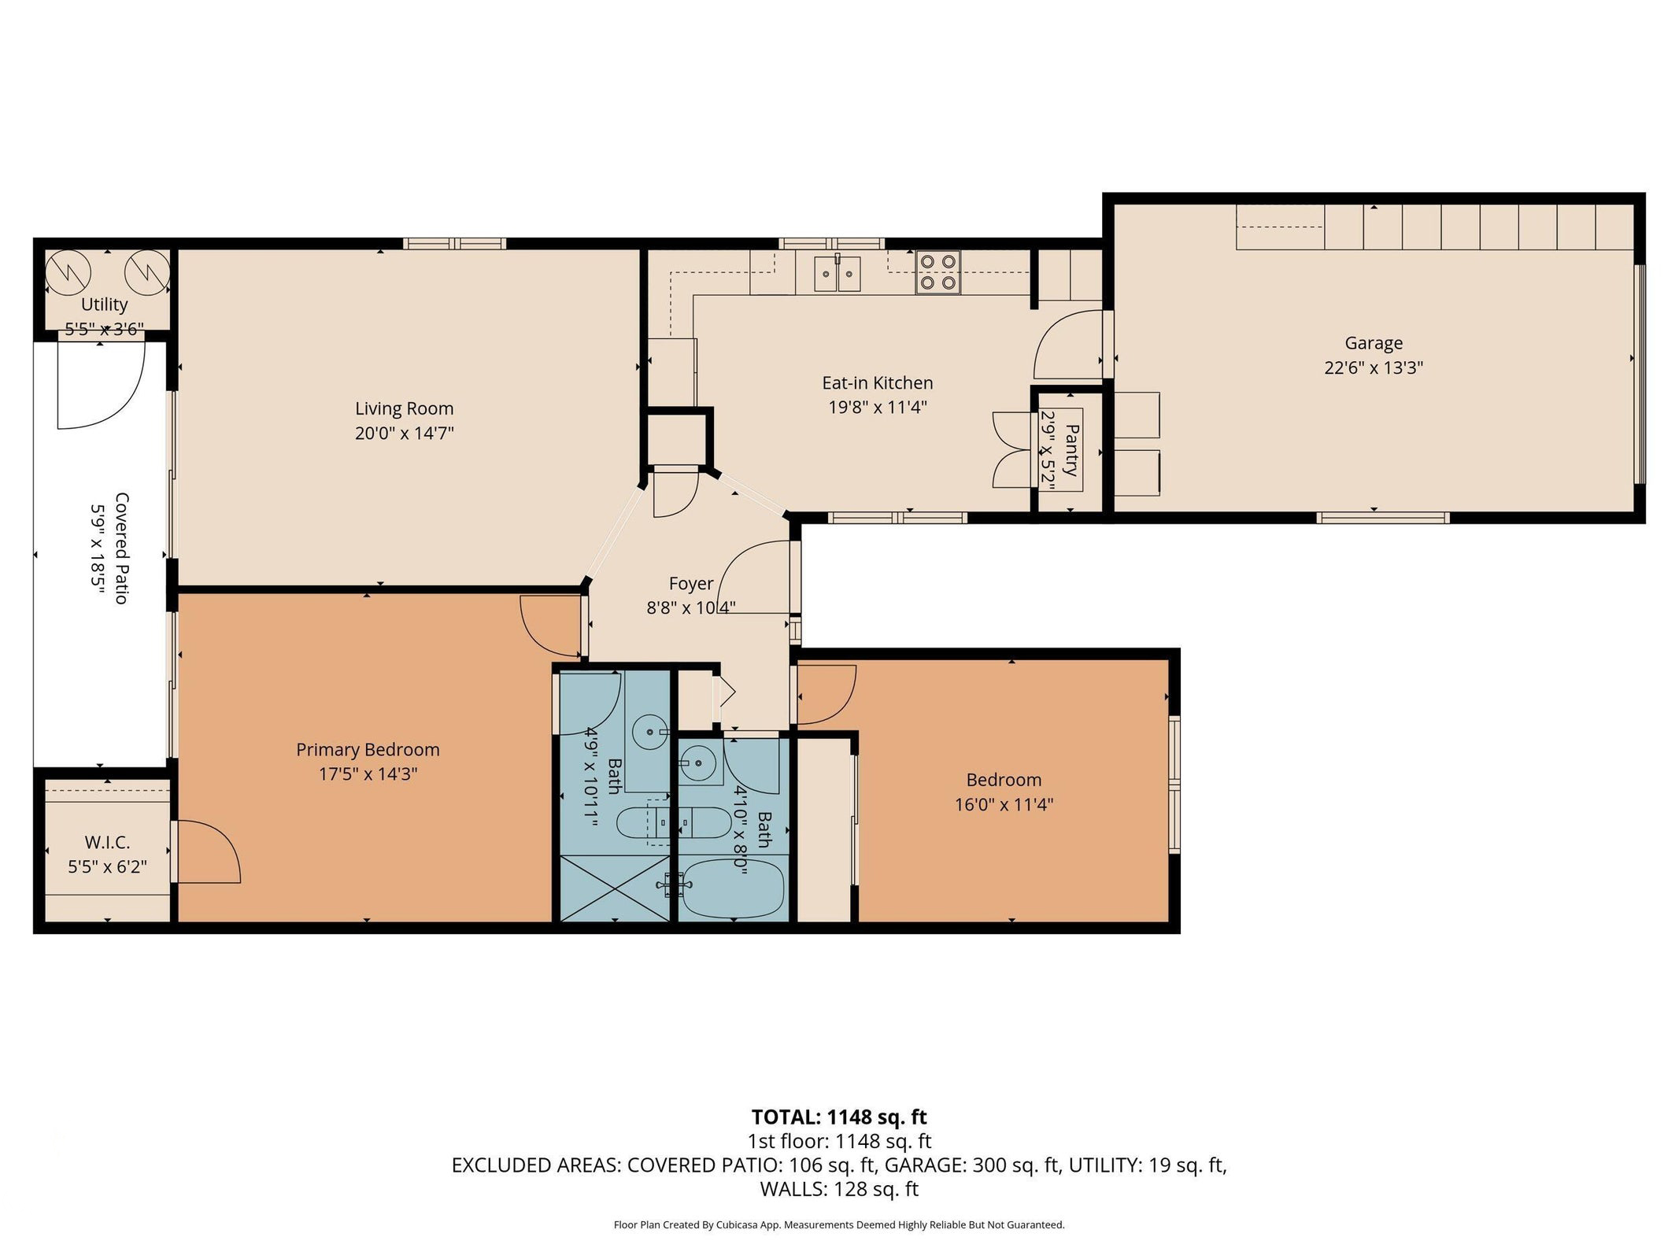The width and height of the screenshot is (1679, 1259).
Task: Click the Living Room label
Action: point(404,408)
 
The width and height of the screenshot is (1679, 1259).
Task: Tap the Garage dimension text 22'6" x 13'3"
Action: point(1374,367)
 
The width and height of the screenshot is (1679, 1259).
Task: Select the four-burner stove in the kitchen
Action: point(938,272)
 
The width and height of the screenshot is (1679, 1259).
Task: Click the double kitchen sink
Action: point(838,274)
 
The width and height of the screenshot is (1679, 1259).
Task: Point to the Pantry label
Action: point(1071,449)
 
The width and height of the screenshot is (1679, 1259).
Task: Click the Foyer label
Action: point(690,583)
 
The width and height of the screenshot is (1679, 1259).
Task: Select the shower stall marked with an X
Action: point(614,888)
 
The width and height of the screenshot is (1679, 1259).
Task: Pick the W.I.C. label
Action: point(107,842)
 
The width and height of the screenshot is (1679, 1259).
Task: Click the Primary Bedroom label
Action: point(368,749)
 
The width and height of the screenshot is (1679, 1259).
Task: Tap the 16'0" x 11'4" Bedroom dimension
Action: point(1004,804)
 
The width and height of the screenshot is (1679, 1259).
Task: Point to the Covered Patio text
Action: point(121,548)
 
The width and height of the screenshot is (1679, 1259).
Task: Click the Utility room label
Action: point(104,304)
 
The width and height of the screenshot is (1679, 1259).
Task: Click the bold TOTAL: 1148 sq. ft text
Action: point(838,1117)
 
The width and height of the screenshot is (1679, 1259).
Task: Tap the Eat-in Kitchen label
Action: point(877,382)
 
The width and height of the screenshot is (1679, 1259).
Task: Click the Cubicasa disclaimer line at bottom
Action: point(838,1224)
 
